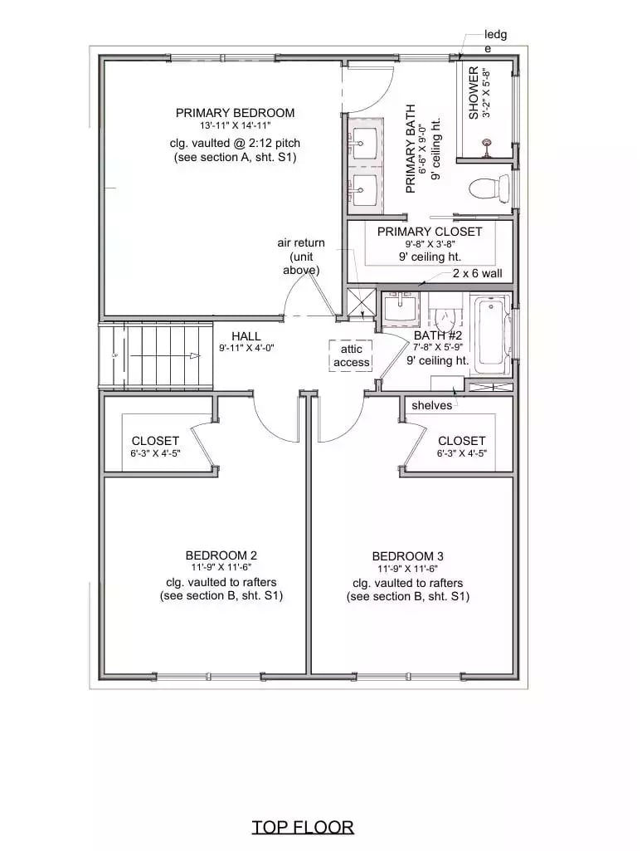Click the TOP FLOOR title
[x=303, y=827]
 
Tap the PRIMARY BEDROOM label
[x=235, y=113]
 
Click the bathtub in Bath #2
[x=489, y=334]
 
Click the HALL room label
[x=246, y=335]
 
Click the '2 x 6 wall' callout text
[x=476, y=273]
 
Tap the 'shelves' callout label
[x=432, y=405]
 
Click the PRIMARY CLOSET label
[x=429, y=232]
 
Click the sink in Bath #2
[x=401, y=308]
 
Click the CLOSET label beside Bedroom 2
[x=155, y=441]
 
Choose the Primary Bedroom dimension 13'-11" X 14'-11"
[x=235, y=125]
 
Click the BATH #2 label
[x=438, y=336]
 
